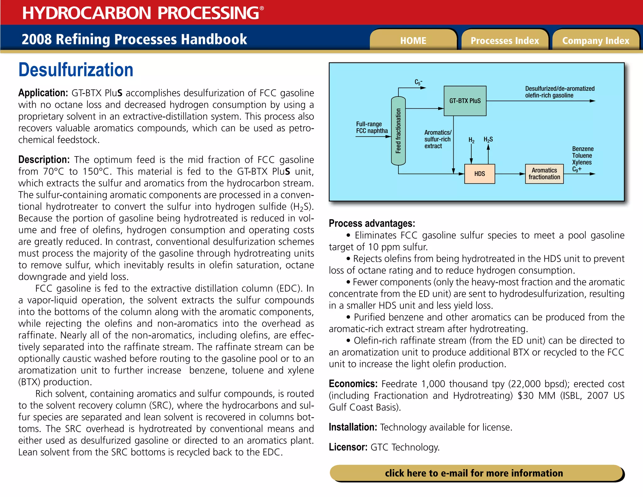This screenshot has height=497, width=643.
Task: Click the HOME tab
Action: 413,41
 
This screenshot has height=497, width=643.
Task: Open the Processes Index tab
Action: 505,41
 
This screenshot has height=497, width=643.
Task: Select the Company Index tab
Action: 596,41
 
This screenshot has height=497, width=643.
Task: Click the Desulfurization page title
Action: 76,70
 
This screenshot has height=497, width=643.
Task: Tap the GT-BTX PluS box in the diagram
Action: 465,101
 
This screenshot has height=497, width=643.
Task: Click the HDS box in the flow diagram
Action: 479,174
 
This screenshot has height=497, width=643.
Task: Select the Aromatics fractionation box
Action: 544,174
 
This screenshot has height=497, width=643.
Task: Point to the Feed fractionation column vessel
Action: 398,131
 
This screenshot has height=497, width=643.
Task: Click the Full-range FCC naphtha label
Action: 372,128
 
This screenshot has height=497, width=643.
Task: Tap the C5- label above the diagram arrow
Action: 418,82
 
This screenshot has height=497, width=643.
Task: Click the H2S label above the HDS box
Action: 488,139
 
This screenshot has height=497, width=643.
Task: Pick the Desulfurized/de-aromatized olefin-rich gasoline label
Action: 559,92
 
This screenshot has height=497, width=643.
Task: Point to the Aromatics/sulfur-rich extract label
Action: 438,139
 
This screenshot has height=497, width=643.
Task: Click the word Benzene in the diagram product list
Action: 583,149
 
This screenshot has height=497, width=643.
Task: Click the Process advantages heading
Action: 372,223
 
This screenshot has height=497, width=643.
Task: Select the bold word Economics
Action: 353,384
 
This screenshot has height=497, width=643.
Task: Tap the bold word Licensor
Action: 348,447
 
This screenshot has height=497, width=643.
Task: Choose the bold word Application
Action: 43,93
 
